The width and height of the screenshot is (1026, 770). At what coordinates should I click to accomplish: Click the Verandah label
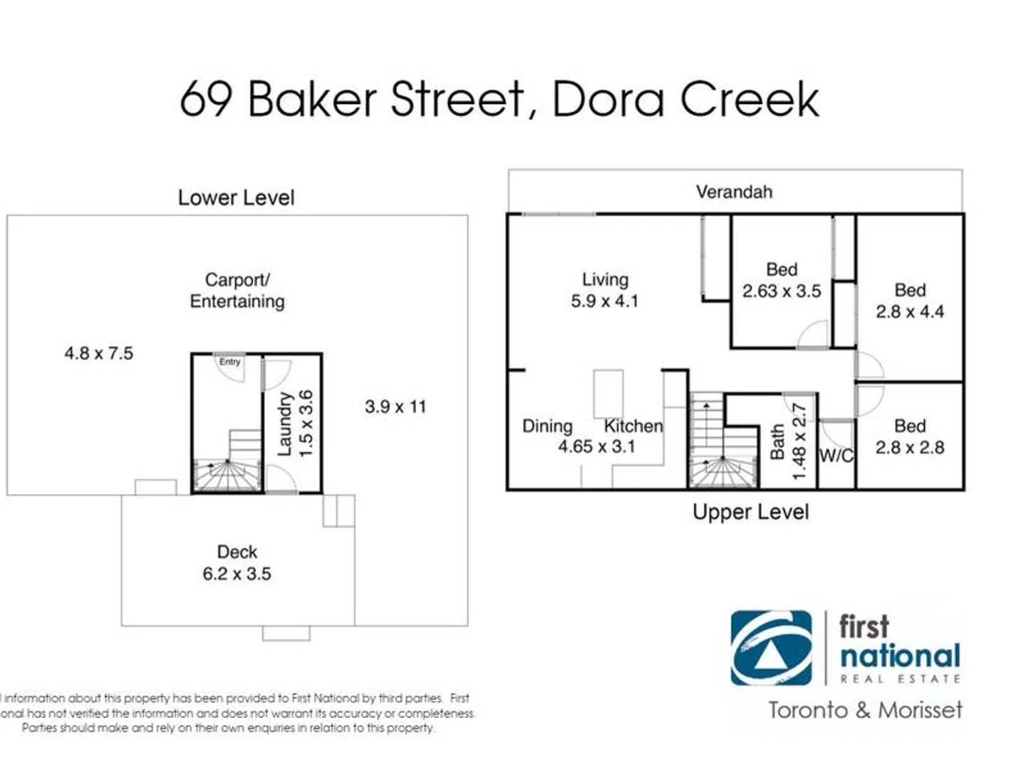pos(734,192)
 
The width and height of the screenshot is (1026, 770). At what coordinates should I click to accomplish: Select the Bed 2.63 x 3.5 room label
pos(782,280)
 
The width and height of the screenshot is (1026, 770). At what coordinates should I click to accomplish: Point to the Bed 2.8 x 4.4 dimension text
pos(910,312)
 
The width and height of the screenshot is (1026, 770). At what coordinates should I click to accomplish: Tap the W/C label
pos(836,456)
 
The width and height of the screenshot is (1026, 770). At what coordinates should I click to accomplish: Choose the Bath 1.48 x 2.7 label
pos(788,442)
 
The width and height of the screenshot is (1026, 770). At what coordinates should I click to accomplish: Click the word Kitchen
pos(633,426)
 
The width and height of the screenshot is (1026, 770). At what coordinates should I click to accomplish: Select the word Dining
pos(547,426)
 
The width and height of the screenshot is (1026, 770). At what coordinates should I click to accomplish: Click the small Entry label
pos(229,361)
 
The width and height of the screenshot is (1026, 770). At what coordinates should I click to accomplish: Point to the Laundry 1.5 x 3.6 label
pos(295,423)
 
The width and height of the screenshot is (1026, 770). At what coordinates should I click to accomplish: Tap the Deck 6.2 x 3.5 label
pos(237,563)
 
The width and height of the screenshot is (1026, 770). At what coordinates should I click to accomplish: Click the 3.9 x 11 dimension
pos(395,406)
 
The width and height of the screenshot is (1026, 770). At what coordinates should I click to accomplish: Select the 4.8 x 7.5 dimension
pos(99,353)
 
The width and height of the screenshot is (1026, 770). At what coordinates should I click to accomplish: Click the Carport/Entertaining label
pos(237,290)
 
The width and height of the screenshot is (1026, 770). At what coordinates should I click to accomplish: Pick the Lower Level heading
pos(236,197)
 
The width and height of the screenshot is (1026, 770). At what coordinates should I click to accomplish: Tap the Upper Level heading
pos(750,512)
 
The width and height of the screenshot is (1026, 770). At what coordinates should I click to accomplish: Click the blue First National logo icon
pos(771,647)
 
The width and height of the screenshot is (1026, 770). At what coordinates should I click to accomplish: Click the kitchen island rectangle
pos(608,393)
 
